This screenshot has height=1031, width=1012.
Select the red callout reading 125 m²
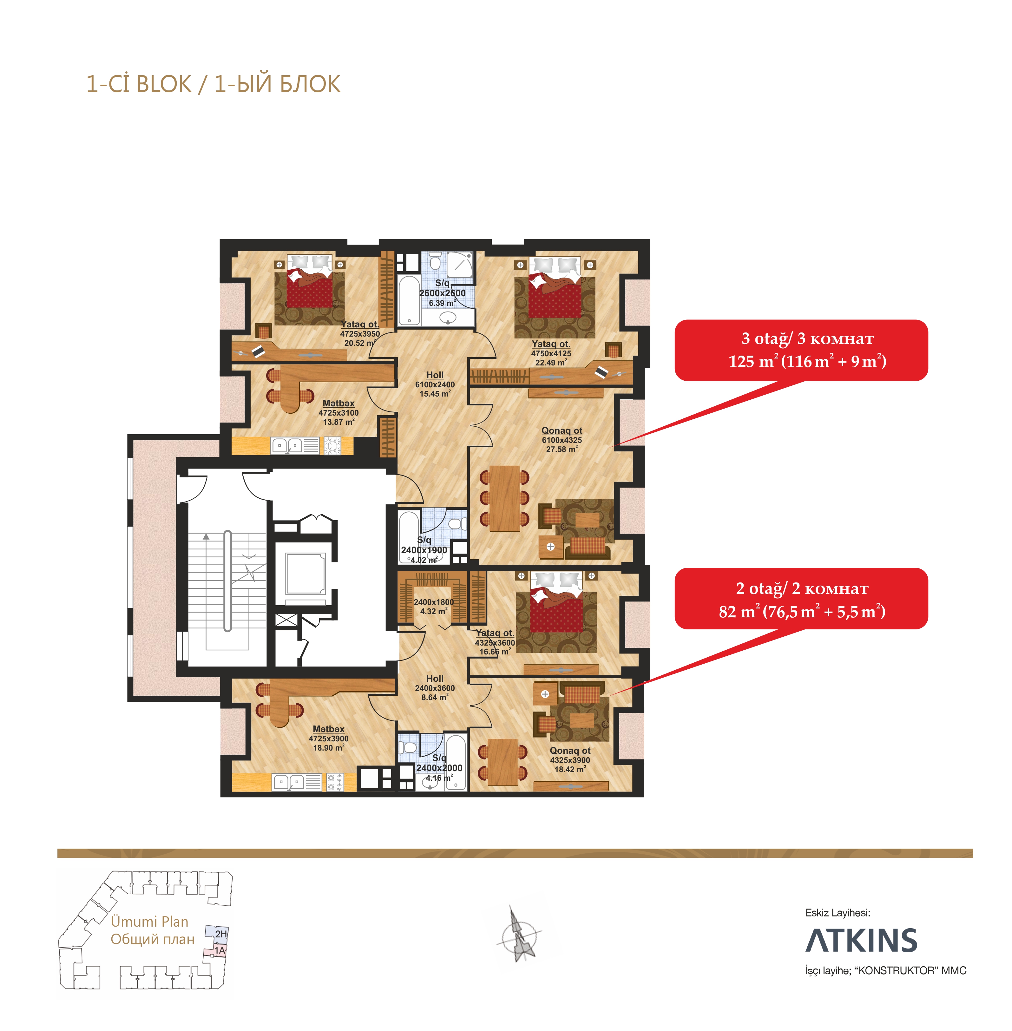pyautogui.click(x=801, y=350)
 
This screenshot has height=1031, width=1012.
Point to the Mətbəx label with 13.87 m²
pyautogui.click(x=338, y=404)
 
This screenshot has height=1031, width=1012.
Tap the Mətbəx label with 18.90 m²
pyautogui.click(x=328, y=729)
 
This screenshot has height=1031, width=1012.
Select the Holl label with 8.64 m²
pyautogui.click(x=435, y=679)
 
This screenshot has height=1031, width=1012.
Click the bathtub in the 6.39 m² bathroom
pyautogui.click(x=409, y=300)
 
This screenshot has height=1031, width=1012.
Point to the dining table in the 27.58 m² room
pyautogui.click(x=504, y=498)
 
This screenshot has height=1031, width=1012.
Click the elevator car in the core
pyautogui.click(x=305, y=574)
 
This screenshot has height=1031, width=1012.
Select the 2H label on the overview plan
pyautogui.click(x=220, y=934)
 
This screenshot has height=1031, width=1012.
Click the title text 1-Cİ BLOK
pyautogui.click(x=139, y=84)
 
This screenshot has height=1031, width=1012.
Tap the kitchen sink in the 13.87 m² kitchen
pyautogui.click(x=287, y=445)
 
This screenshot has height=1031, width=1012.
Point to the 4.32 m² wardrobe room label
pyautogui.click(x=434, y=606)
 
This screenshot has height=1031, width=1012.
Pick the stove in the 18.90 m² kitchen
pyautogui.click(x=335, y=781)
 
